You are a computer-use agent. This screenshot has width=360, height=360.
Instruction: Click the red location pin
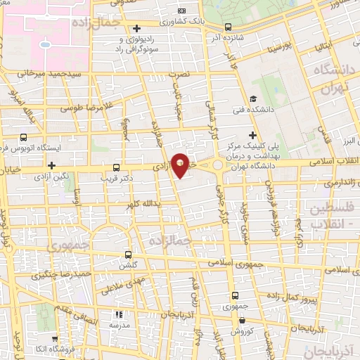coord(180,165)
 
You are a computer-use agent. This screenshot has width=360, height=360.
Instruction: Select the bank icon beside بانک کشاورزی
coord(181,11)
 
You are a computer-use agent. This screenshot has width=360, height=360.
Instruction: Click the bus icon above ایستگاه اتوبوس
coord(24,137)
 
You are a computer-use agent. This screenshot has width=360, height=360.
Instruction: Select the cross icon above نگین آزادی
coord(52,165)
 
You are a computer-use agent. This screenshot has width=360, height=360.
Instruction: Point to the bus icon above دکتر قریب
coord(117,167)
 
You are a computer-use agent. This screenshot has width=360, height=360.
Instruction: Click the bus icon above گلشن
coord(127,255)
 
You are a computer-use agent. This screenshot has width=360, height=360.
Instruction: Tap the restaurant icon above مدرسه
coord(119,315)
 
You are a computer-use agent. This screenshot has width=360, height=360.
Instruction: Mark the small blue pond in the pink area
coord(46,44)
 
